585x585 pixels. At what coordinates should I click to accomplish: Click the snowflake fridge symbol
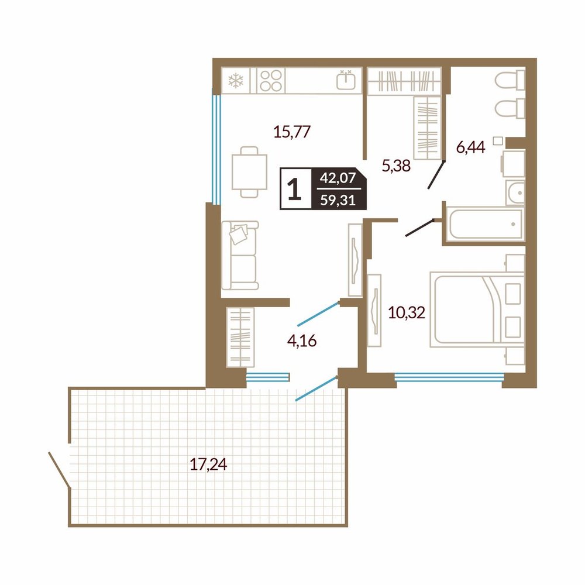tap(236, 81)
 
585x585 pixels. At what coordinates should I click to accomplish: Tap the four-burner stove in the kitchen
tap(271, 81)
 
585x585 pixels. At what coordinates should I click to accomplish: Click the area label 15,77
tap(292, 132)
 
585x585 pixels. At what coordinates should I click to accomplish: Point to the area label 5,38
tap(396, 166)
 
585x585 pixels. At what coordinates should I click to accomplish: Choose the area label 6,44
tap(471, 147)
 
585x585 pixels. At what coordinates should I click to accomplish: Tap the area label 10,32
tap(407, 312)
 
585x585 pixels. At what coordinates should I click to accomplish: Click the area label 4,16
tap(302, 340)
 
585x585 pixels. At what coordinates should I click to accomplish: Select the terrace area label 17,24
tap(209, 464)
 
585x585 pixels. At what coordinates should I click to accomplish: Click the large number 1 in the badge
tap(295, 189)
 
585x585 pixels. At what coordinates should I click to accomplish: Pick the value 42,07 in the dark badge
tap(338, 178)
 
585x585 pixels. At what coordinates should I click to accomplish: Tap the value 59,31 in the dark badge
tap(338, 200)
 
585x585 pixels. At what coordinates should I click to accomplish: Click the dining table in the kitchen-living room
tap(249, 172)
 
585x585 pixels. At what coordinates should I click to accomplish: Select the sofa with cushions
tap(240, 256)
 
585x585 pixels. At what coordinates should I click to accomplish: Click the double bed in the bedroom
tap(477, 309)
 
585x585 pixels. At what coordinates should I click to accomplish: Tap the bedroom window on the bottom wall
tap(449, 377)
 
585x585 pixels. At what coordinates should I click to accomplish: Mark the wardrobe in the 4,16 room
tap(240, 338)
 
